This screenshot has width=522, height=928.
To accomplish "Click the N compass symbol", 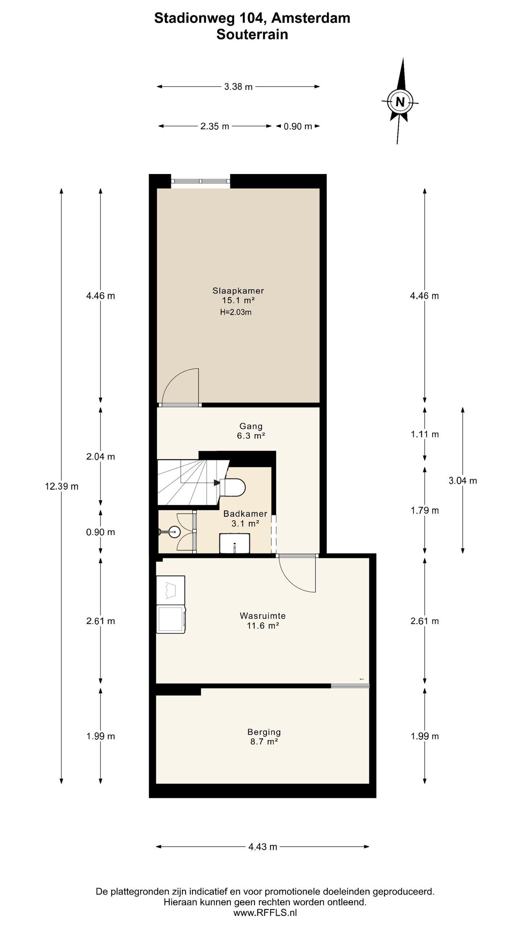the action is point(400,101).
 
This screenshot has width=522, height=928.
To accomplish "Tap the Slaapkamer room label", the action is point(238,291).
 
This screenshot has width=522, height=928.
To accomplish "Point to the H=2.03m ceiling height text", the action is point(236,312).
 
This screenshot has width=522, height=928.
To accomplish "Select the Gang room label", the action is point(251,426).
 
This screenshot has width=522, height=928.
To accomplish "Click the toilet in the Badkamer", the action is point(233,487).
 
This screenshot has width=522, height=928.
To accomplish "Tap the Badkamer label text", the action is point(245,514).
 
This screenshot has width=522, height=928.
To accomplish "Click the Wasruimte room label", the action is point(263,616).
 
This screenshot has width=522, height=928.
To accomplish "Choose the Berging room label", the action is point(264,732).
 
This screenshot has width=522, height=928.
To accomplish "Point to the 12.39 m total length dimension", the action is point(62,486).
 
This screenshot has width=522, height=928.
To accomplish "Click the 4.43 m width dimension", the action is point(262,847).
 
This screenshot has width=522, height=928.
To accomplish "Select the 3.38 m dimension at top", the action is point(238,87).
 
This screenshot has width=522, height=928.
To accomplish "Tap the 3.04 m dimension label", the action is point(463,481).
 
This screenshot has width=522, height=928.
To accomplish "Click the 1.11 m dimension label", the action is point(425,434).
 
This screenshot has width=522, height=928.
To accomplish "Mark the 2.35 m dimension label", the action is point(215,126).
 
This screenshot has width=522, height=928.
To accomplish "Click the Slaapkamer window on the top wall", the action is point(200,181).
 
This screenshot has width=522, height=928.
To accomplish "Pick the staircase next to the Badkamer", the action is point(192,482).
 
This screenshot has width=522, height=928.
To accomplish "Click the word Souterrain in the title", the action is point(252,34).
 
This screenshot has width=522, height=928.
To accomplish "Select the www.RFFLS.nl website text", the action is point(265,913).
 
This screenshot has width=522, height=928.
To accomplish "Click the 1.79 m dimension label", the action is point(425,511).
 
